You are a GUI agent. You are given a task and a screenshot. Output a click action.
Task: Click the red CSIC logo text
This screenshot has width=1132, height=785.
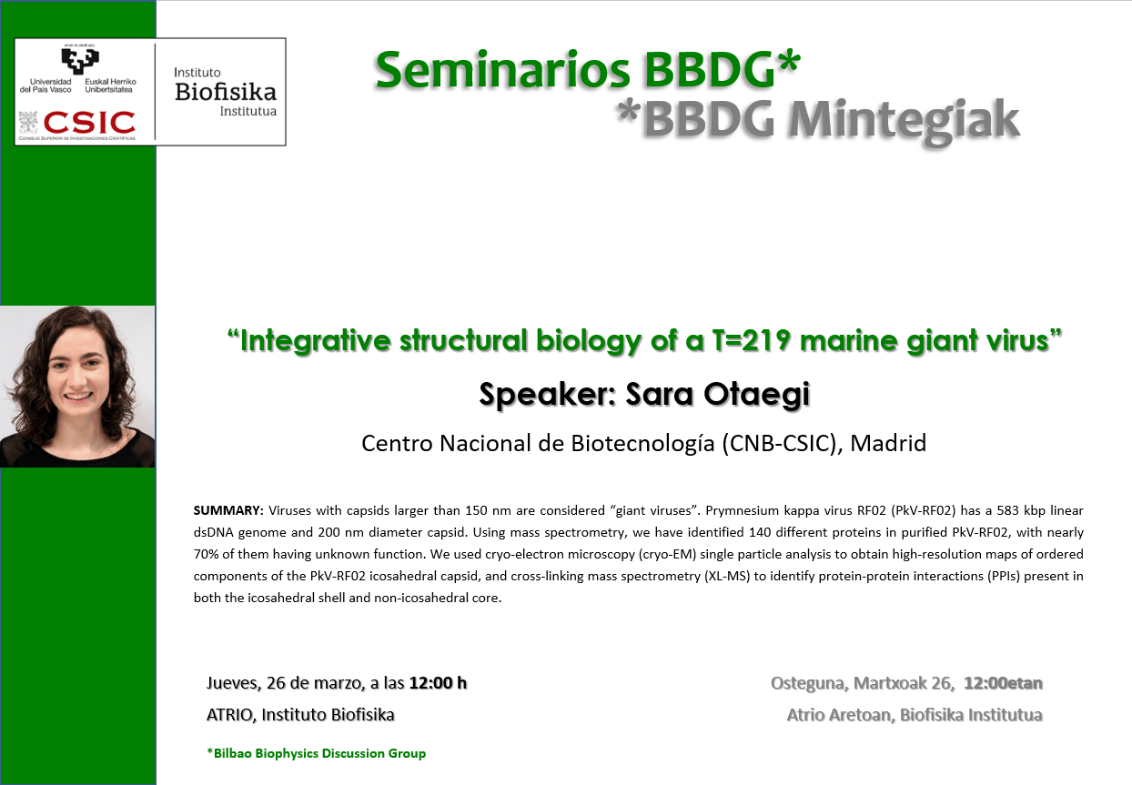coord(89,122)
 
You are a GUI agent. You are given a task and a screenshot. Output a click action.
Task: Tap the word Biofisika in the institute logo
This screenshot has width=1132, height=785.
coord(225,92)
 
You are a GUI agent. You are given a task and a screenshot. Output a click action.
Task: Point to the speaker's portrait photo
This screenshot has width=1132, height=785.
coord(77,386)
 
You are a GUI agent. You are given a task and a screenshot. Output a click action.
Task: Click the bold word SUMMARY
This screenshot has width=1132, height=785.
coord(228,509)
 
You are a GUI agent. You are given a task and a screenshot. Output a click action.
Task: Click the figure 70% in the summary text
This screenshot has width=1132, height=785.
coord(207,554)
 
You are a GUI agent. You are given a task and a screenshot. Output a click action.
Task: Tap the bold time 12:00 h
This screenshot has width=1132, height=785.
coord(438,683)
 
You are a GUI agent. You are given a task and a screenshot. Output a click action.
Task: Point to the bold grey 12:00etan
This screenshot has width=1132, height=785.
coord(1003,683)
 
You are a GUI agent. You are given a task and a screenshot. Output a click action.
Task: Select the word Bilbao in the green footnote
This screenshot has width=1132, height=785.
coord(233,753)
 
